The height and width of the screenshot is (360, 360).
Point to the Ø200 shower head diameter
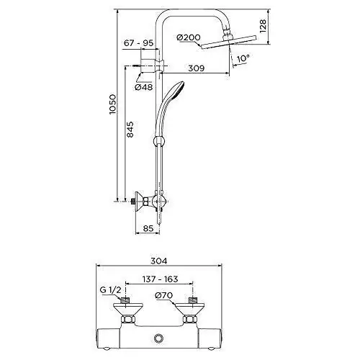pyautogui.click(x=186, y=37)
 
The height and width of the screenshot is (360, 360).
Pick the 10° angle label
pyautogui.click(x=243, y=58)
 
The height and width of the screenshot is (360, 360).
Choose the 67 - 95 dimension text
pyautogui.click(x=138, y=45)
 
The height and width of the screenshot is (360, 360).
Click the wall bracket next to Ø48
pyautogui.click(x=149, y=66)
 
